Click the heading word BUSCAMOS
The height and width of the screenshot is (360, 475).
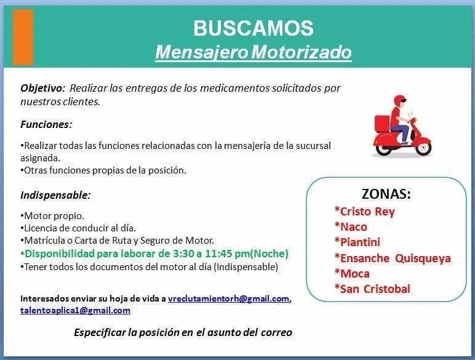coord(253,28)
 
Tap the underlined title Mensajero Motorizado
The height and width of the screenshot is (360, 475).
coord(253,52)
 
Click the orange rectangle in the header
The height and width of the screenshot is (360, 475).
coord(23,37)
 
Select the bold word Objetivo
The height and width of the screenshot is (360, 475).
coord(42,88)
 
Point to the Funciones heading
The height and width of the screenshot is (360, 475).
coord(46,124)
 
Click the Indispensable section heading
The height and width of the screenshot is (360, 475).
coord(55,195)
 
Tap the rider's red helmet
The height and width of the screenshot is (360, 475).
coord(399,100)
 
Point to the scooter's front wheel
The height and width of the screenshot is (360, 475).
coord(423,148)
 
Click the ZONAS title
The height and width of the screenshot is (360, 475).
coord(386,194)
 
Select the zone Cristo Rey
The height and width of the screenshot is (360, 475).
coord(364,212)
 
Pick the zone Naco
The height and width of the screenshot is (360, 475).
coord(351,226)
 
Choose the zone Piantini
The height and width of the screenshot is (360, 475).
coord(357,242)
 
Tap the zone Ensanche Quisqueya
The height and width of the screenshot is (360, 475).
coord(393,258)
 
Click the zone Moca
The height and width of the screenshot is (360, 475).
coord(352,274)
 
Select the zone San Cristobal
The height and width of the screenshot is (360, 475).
coord(372,289)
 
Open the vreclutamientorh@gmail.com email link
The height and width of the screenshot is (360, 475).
coord(228,299)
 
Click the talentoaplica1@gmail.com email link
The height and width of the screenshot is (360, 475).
coord(76,310)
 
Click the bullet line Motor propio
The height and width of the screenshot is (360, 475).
coord(52,216)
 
